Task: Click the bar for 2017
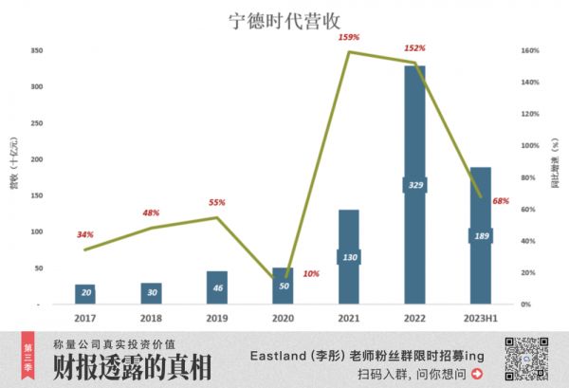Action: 85,294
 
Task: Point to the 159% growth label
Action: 348,37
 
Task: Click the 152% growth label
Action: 414,47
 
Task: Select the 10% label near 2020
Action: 310,273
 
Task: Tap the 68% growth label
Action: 501,201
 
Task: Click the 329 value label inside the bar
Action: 415,185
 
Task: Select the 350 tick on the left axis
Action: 36,50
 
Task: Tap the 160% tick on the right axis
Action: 530,50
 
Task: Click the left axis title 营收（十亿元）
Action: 14,176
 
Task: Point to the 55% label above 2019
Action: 216,202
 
